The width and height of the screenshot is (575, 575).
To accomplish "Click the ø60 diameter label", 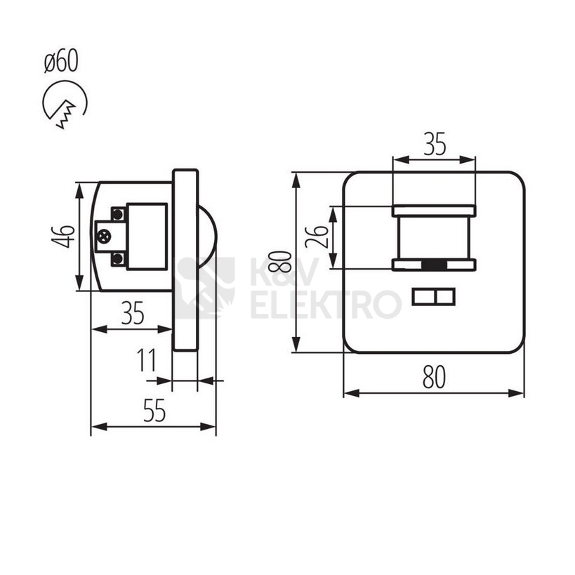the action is pos(61,60).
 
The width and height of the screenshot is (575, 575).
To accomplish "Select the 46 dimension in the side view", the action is pos(63,237).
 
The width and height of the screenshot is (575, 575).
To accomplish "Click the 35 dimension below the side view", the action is pos(133,313).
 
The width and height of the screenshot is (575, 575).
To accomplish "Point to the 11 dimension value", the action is pos(146,359).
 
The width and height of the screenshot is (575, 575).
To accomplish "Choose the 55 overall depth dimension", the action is pos(154,410).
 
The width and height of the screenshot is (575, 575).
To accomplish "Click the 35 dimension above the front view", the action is pos(435,144).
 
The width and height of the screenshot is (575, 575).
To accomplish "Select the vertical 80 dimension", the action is pos(280,261).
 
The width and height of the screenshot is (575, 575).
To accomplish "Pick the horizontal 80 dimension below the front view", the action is pos(434,377).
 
